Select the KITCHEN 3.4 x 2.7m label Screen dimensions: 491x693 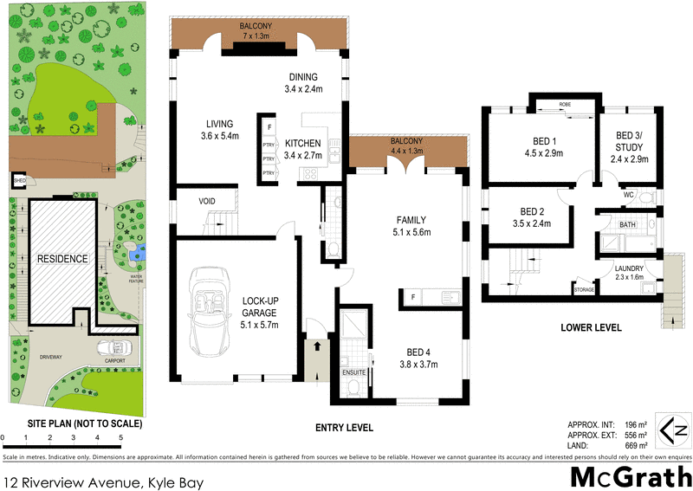click(303, 149)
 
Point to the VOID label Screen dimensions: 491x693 click(207, 201)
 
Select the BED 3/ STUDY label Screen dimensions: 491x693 click(630, 147)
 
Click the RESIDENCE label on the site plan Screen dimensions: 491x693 click(62, 259)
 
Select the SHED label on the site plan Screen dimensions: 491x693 click(18, 181)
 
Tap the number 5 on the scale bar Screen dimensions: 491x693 click(120, 438)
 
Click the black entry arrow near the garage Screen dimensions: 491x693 click(316, 344)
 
